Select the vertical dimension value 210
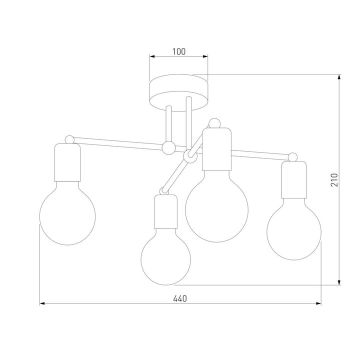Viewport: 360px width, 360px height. pos(334,180)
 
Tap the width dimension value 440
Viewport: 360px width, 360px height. pos(179,298)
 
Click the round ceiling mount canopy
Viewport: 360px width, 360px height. pos(179,91)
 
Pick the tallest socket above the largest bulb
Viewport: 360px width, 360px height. pos(217,150)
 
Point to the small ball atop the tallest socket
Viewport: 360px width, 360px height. pos(215,122)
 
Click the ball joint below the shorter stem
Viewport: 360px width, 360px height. pos(168,147)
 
